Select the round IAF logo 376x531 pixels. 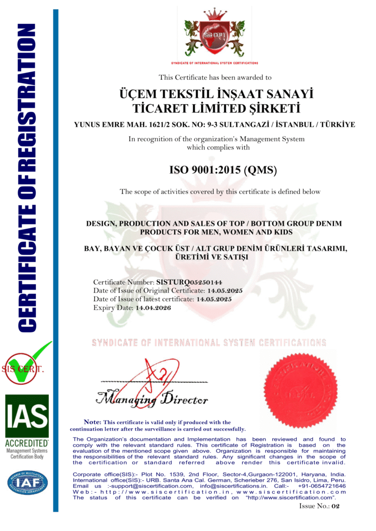[27, 482]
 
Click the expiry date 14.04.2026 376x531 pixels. [152, 308]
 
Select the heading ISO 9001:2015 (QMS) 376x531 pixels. [223, 170]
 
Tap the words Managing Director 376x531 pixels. [152, 400]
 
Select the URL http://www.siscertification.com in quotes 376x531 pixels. [289, 498]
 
